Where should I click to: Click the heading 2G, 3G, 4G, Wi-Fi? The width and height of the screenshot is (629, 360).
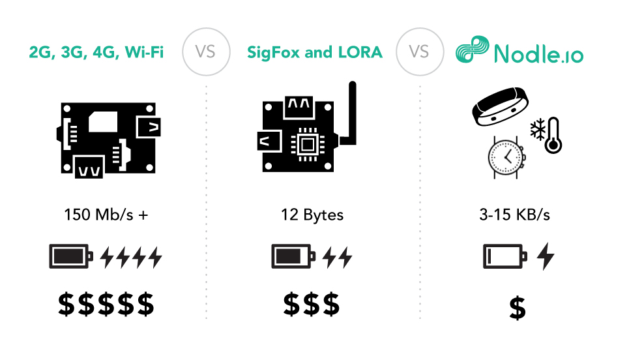96,52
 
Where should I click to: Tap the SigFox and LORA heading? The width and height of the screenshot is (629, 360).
314,52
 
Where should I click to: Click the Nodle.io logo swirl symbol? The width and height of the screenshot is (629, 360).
471,52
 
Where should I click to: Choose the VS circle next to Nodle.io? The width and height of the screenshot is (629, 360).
418,52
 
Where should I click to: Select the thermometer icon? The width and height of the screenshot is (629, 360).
553,135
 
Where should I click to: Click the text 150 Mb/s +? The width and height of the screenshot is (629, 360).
106,215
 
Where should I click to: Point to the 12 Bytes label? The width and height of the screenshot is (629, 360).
312,215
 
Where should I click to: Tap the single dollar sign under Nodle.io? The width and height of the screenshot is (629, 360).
518,307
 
